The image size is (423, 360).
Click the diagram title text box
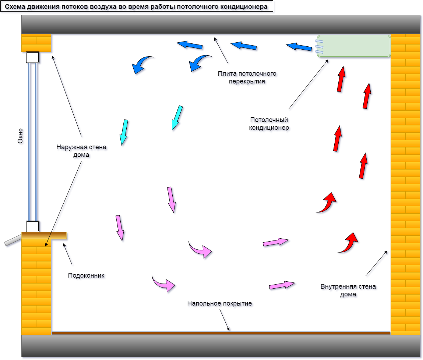point(137,7)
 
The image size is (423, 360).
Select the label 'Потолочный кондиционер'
point(269,124)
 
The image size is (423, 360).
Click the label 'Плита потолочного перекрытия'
point(247,77)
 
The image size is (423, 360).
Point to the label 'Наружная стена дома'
point(81,151)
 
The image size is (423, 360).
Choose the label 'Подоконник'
point(87,275)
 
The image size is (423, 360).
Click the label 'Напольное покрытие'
point(219,304)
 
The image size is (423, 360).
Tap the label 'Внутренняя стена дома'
point(348,290)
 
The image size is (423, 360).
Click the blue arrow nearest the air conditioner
point(299,47)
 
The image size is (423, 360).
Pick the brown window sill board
point(44,236)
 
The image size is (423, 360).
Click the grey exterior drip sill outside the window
point(13,240)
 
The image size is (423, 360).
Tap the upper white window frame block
point(33,57)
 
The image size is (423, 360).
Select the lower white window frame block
point(33,226)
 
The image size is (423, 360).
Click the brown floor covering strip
point(221,333)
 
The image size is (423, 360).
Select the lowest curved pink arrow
point(164,283)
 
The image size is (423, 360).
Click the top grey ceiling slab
point(221,24)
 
